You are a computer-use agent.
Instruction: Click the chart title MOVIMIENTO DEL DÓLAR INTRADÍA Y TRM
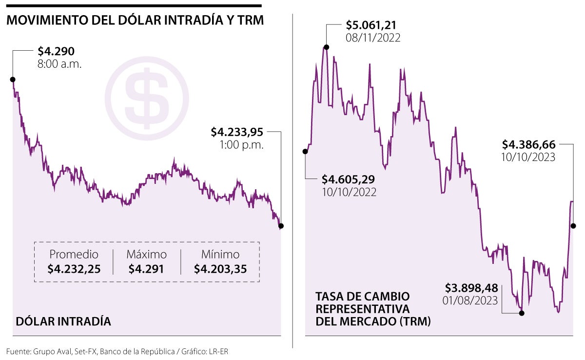135,21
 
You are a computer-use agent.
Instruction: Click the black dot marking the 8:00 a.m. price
13,80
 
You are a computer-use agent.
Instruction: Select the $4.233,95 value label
237,132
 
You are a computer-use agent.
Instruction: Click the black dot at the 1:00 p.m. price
281,226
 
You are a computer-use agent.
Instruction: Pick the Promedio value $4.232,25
74,269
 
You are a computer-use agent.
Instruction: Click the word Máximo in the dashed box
147,254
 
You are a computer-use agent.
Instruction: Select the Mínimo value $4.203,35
220,269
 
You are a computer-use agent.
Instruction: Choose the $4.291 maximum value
147,269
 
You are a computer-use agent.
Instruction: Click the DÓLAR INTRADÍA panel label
63,321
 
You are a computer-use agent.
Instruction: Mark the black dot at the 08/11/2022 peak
326,47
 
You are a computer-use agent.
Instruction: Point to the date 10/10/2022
349,192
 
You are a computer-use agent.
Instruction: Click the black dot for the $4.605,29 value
306,151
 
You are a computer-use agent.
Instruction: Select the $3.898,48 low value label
471,287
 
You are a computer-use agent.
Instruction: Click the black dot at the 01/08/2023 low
522,313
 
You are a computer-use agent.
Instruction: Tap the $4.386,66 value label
529,144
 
